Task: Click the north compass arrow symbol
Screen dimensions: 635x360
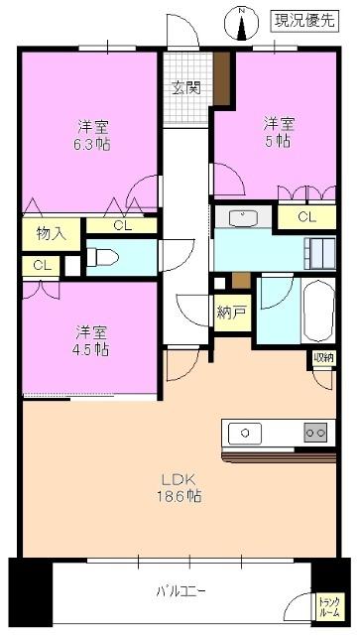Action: [241, 22]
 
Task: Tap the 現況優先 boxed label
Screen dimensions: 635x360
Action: [302, 19]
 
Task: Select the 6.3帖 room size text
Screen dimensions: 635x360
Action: [94, 143]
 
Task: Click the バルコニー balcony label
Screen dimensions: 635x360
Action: [180, 592]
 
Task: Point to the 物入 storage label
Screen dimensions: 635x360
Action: [51, 234]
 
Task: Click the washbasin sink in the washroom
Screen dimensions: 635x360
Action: [244, 217]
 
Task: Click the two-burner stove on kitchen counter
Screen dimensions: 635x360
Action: [314, 433]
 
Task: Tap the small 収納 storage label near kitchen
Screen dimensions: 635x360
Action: [323, 357]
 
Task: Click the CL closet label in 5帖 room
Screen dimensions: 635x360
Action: [305, 217]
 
